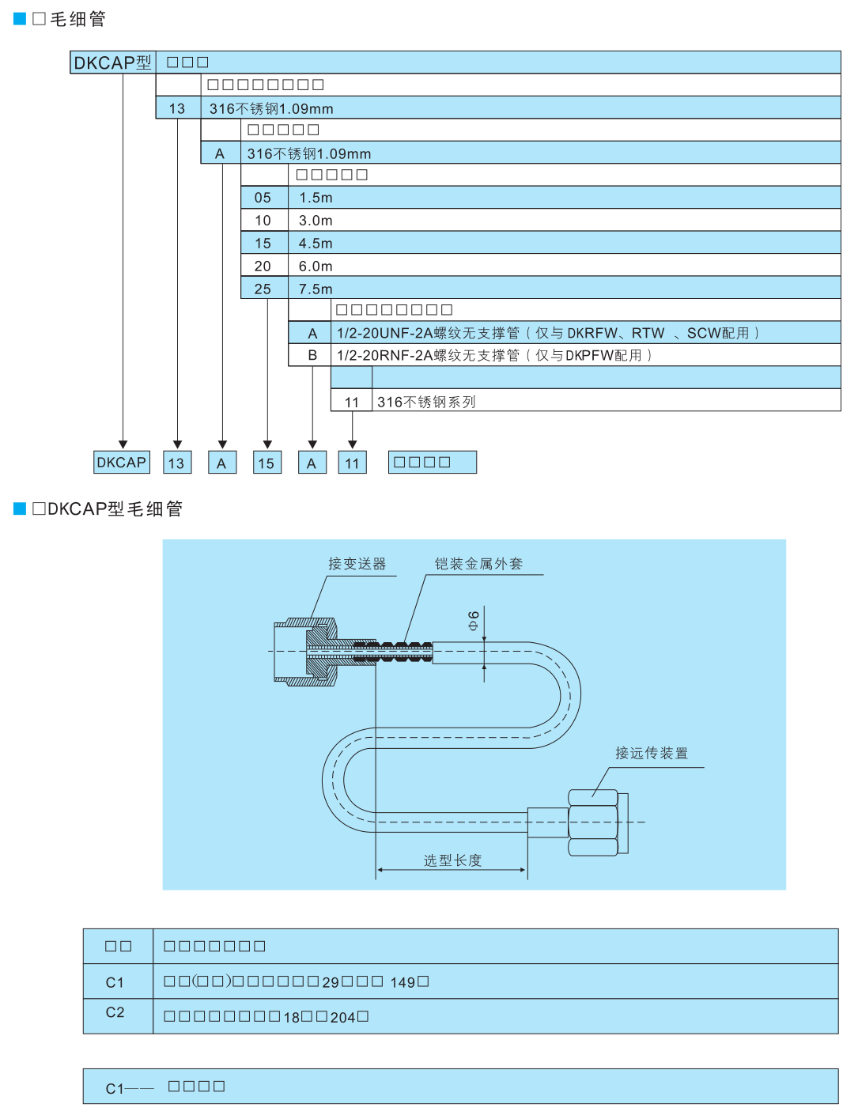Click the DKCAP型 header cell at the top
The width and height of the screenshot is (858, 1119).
pos(112,62)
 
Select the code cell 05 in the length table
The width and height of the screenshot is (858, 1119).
pos(263,198)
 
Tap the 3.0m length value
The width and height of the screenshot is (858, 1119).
pos(316,221)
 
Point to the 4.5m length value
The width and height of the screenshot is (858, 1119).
pos(316,244)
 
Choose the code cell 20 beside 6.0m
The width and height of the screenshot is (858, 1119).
pos(263,267)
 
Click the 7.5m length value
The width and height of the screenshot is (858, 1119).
pos(316,289)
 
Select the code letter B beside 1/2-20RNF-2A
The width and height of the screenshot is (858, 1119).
pos(312,356)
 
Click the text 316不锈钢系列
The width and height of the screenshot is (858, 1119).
pos(426,402)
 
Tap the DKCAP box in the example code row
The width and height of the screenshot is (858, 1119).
pos(122,463)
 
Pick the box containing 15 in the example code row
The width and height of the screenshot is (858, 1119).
pos(266,463)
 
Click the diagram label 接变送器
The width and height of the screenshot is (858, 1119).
pos(357,564)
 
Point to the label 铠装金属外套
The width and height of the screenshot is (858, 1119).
pos(478,564)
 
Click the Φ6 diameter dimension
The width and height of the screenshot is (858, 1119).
pos(474,620)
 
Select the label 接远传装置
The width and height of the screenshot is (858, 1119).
pos(652,753)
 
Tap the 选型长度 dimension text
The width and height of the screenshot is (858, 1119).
pos(452,860)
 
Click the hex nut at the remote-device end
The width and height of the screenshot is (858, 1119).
pos(593,822)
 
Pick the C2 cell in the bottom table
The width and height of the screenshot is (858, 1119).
pos(115,1012)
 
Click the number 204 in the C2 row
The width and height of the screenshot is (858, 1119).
pos(342,1018)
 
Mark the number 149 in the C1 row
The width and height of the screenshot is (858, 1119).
pos(403,982)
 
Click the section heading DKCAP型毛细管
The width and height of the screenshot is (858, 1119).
pos(108,508)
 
